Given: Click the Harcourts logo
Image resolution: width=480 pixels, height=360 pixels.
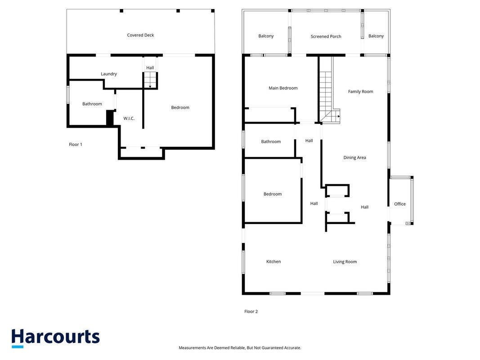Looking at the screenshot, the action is click(x=55, y=338).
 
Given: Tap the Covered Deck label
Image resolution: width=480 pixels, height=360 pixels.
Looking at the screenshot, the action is click(x=140, y=35).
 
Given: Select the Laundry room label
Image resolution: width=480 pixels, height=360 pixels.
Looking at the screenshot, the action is click(x=109, y=74).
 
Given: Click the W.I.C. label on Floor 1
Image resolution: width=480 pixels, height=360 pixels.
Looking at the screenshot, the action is click(x=129, y=118).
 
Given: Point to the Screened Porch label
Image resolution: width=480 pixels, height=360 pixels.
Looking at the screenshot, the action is click(x=326, y=36).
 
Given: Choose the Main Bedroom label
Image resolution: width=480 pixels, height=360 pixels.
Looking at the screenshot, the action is click(x=283, y=88).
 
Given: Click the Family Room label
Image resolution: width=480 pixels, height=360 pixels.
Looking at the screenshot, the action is click(x=360, y=91).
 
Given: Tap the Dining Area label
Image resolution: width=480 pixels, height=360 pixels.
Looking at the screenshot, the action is click(x=354, y=157).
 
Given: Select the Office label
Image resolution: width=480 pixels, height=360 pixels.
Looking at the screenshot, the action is click(x=400, y=204).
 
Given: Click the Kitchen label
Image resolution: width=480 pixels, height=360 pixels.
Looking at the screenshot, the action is click(x=274, y=262).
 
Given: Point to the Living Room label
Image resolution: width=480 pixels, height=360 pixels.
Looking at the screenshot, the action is click(x=345, y=262).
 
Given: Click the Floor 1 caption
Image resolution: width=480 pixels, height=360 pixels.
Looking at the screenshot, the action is click(x=75, y=144).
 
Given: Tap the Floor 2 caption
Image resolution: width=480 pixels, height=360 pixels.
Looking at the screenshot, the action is click(x=251, y=312).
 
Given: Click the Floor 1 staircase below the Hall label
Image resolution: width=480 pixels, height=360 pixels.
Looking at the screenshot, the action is click(x=150, y=80).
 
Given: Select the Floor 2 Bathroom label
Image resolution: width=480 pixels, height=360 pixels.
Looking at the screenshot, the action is click(x=271, y=142).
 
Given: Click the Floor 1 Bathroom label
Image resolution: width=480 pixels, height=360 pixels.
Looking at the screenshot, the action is click(x=92, y=104).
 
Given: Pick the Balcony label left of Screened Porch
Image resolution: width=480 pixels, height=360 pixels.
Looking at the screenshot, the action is click(x=266, y=36).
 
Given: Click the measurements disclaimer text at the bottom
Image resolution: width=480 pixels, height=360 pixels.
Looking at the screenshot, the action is click(x=240, y=348).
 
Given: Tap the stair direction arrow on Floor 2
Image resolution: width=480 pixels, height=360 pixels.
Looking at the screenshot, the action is click(x=338, y=117).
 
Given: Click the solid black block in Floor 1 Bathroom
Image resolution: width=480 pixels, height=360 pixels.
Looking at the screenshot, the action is click(x=110, y=117).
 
